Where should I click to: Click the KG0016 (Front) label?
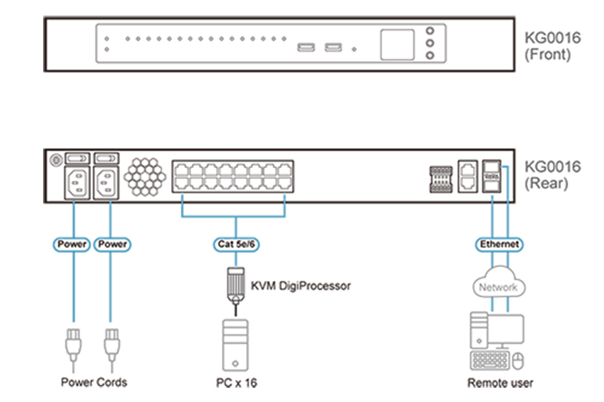[x=552, y=46]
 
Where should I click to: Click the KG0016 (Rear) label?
[x=552, y=175]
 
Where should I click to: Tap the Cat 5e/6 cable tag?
[x=236, y=245]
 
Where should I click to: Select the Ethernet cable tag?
[x=499, y=245]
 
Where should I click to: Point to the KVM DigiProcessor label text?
[x=301, y=286]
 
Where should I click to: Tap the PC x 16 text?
[x=236, y=383]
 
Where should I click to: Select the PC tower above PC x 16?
[x=235, y=345]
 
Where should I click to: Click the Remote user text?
[x=500, y=383]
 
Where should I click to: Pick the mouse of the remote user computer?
[x=518, y=361]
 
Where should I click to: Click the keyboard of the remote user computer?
[x=490, y=361]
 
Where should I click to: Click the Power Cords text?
[x=94, y=382]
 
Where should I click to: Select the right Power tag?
[x=112, y=245]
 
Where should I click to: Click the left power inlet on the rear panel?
[x=77, y=183]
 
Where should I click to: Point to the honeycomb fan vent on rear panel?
[x=145, y=176]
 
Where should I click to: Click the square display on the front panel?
[x=397, y=44]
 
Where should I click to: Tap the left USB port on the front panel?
[x=306, y=47]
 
